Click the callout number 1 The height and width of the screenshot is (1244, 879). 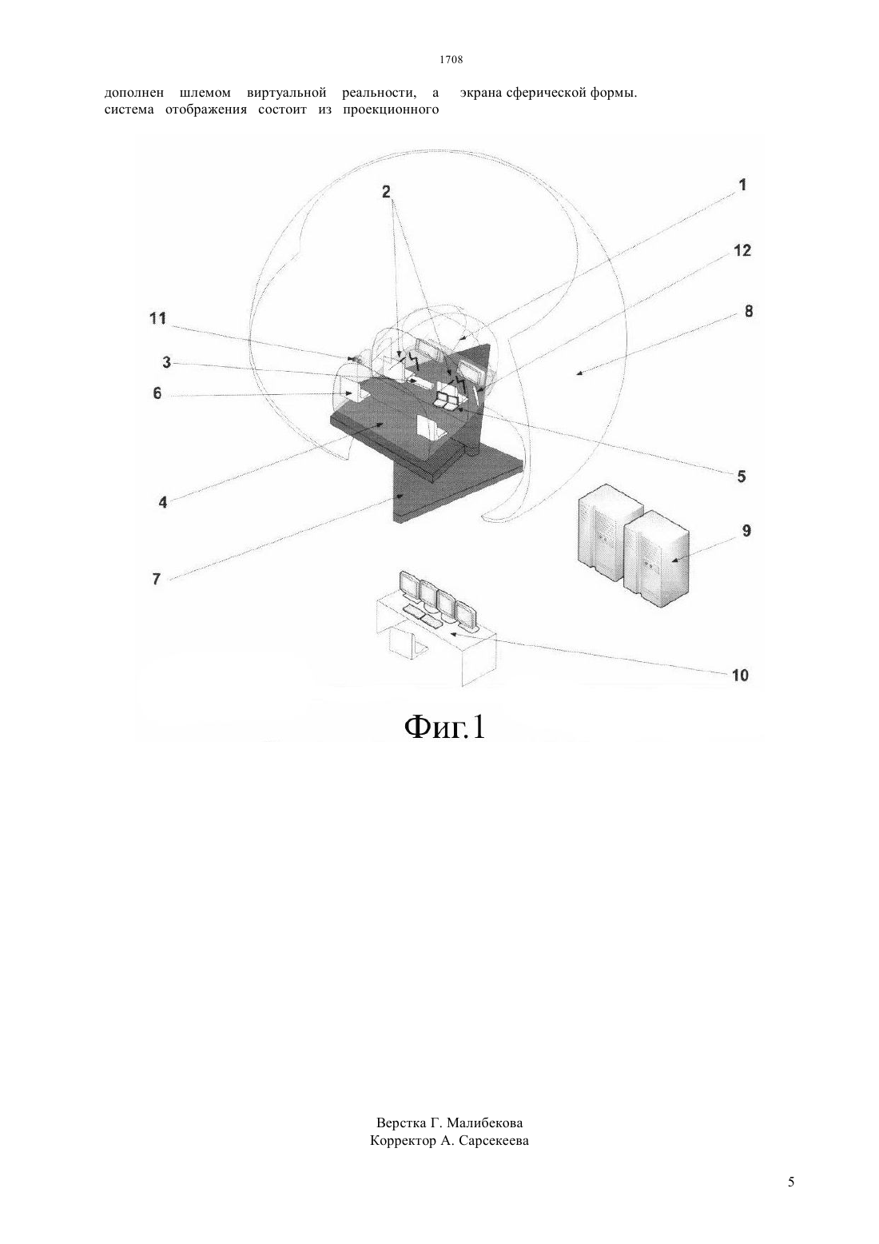tap(742, 185)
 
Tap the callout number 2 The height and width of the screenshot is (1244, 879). tap(386, 192)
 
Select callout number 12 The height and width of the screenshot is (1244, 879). tap(742, 251)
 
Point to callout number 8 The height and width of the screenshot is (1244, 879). tap(749, 312)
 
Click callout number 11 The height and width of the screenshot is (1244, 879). tap(158, 318)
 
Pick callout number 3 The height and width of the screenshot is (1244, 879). tap(166, 363)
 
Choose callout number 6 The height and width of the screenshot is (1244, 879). tap(157, 394)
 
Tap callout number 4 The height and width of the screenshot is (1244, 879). tap(162, 503)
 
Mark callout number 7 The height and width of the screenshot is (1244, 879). tap(157, 580)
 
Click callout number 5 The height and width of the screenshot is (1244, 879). tap(742, 476)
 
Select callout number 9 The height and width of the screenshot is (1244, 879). tap(746, 531)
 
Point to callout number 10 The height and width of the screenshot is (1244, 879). tap(740, 676)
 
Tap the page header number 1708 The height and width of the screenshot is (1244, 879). tap(451, 60)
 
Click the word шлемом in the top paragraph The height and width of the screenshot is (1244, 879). tap(205, 93)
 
